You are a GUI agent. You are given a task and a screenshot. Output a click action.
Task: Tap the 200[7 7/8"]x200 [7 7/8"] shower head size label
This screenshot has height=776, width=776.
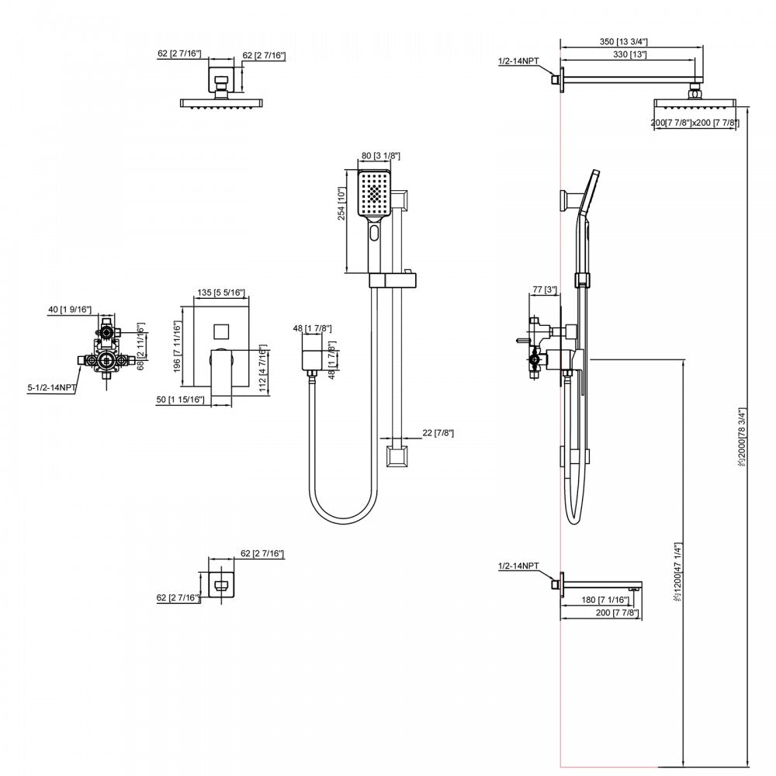coord(695,123)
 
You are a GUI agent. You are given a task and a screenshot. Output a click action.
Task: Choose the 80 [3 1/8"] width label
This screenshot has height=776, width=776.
coord(380,155)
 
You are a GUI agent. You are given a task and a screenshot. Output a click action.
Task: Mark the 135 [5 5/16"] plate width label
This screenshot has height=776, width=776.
coord(222,293)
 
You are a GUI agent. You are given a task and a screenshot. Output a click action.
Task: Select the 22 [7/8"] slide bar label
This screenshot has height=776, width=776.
coord(437,432)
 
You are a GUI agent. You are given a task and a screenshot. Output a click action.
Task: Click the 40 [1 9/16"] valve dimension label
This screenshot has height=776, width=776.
coord(70,310)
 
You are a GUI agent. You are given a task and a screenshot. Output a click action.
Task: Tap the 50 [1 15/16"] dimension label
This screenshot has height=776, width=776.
coord(180,399)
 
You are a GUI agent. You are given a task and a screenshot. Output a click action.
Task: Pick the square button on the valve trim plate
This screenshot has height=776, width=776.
coord(222,331)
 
